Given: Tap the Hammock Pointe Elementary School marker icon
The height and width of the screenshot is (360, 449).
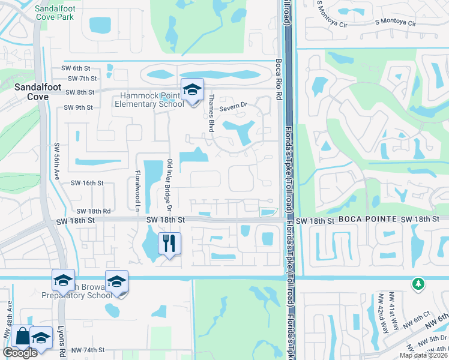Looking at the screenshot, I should click(x=192, y=91).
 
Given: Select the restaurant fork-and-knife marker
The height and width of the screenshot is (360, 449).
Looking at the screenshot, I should click(x=169, y=243).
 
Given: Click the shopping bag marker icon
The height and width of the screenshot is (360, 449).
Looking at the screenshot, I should click(x=22, y=337).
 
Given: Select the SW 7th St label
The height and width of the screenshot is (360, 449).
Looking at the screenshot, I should click(x=82, y=79).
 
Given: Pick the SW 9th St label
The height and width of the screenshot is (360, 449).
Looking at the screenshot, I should click(x=78, y=108).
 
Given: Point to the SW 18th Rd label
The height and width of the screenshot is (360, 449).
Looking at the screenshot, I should click(x=93, y=211).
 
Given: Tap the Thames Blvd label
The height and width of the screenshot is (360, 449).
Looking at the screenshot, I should click(x=211, y=113).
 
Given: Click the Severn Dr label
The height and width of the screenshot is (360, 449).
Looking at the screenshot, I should click(x=233, y=107).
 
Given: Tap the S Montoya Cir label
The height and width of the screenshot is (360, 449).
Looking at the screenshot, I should click(x=395, y=22).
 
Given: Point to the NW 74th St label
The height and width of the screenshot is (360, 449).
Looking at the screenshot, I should click(x=88, y=350).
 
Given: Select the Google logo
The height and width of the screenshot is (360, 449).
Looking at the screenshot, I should click(x=19, y=353).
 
